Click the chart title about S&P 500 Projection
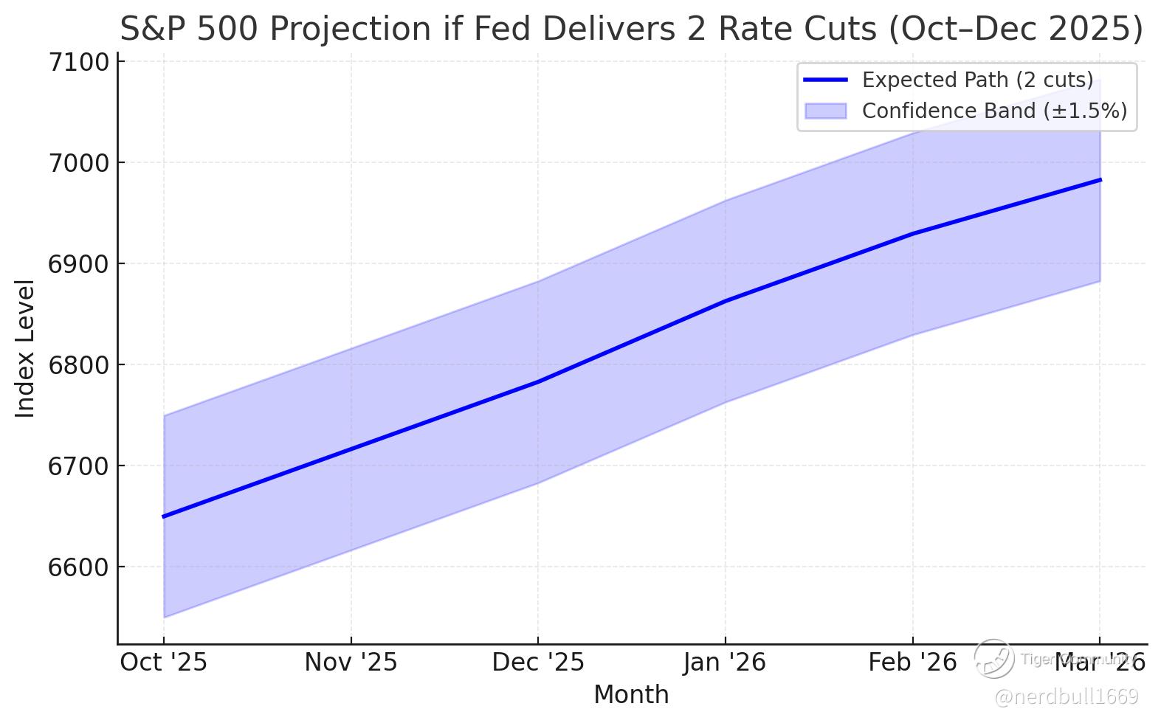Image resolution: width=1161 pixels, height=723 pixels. pos(631,30)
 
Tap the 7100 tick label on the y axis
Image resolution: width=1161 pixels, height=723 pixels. pos(77,63)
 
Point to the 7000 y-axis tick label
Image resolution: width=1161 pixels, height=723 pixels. pos(77,163)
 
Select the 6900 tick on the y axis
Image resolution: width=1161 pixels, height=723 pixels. pos(77,264)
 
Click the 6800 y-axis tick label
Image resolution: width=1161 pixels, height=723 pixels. pos(77,365)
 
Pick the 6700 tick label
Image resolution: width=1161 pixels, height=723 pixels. pos(77,466)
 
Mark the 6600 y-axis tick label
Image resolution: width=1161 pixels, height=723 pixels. pos(77,567)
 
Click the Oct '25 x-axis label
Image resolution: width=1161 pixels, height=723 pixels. pos(164,663)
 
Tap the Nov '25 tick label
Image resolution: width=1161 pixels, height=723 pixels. pos(351,663)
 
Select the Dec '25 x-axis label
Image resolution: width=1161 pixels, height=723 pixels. pos(538,663)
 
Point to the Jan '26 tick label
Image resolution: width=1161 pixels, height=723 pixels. pos(725,663)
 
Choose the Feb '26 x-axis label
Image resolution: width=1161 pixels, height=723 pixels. pos(912,663)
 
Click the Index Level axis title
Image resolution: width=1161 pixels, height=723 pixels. pos(25,348)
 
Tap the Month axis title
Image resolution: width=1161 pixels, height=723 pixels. pos(631,695)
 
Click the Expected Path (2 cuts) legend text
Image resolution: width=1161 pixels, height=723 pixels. pos(977,80)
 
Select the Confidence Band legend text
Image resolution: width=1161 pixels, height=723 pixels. pos(994,111)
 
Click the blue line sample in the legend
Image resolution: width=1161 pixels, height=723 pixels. pos(825,80)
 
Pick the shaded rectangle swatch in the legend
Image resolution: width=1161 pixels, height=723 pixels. pos(825,111)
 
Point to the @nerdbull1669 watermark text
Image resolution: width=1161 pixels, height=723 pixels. pos(1067,696)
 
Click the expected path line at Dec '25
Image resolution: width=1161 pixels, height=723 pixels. pos(538,381)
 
